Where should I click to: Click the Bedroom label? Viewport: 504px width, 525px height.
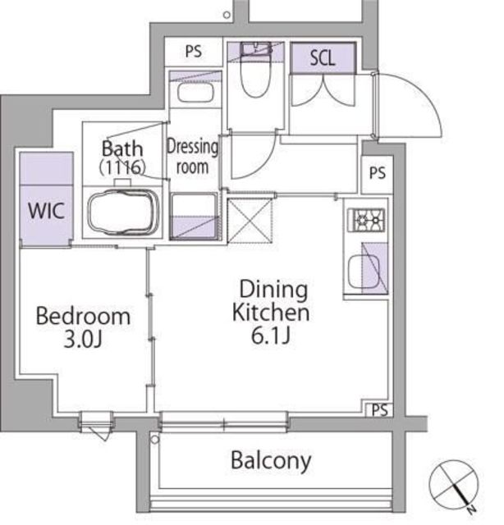pyautogui.click(x=83, y=316)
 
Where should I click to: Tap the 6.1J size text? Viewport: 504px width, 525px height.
pyautogui.click(x=270, y=336)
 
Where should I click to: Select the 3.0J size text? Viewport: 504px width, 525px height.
pyautogui.click(x=83, y=340)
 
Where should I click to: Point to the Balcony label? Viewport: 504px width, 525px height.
pyautogui.click(x=271, y=461)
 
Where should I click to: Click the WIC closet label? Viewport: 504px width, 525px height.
pyautogui.click(x=46, y=211)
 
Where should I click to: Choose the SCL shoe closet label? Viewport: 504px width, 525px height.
pyautogui.click(x=323, y=58)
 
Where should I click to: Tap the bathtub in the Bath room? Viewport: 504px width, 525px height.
pyautogui.click(x=123, y=212)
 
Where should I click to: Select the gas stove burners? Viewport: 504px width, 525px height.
pyautogui.click(x=366, y=220)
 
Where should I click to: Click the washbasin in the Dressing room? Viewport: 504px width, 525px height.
pyautogui.click(x=195, y=92)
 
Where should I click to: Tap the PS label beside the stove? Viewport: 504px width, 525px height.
pyautogui.click(x=378, y=173)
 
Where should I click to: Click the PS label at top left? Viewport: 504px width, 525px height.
pyautogui.click(x=194, y=51)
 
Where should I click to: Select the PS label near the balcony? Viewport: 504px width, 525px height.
pyautogui.click(x=380, y=410)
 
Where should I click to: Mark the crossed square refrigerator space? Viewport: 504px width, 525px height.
pyautogui.click(x=250, y=221)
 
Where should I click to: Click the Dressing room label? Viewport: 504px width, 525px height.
pyautogui.click(x=192, y=157)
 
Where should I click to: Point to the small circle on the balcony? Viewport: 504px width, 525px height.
pyautogui.click(x=154, y=439)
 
